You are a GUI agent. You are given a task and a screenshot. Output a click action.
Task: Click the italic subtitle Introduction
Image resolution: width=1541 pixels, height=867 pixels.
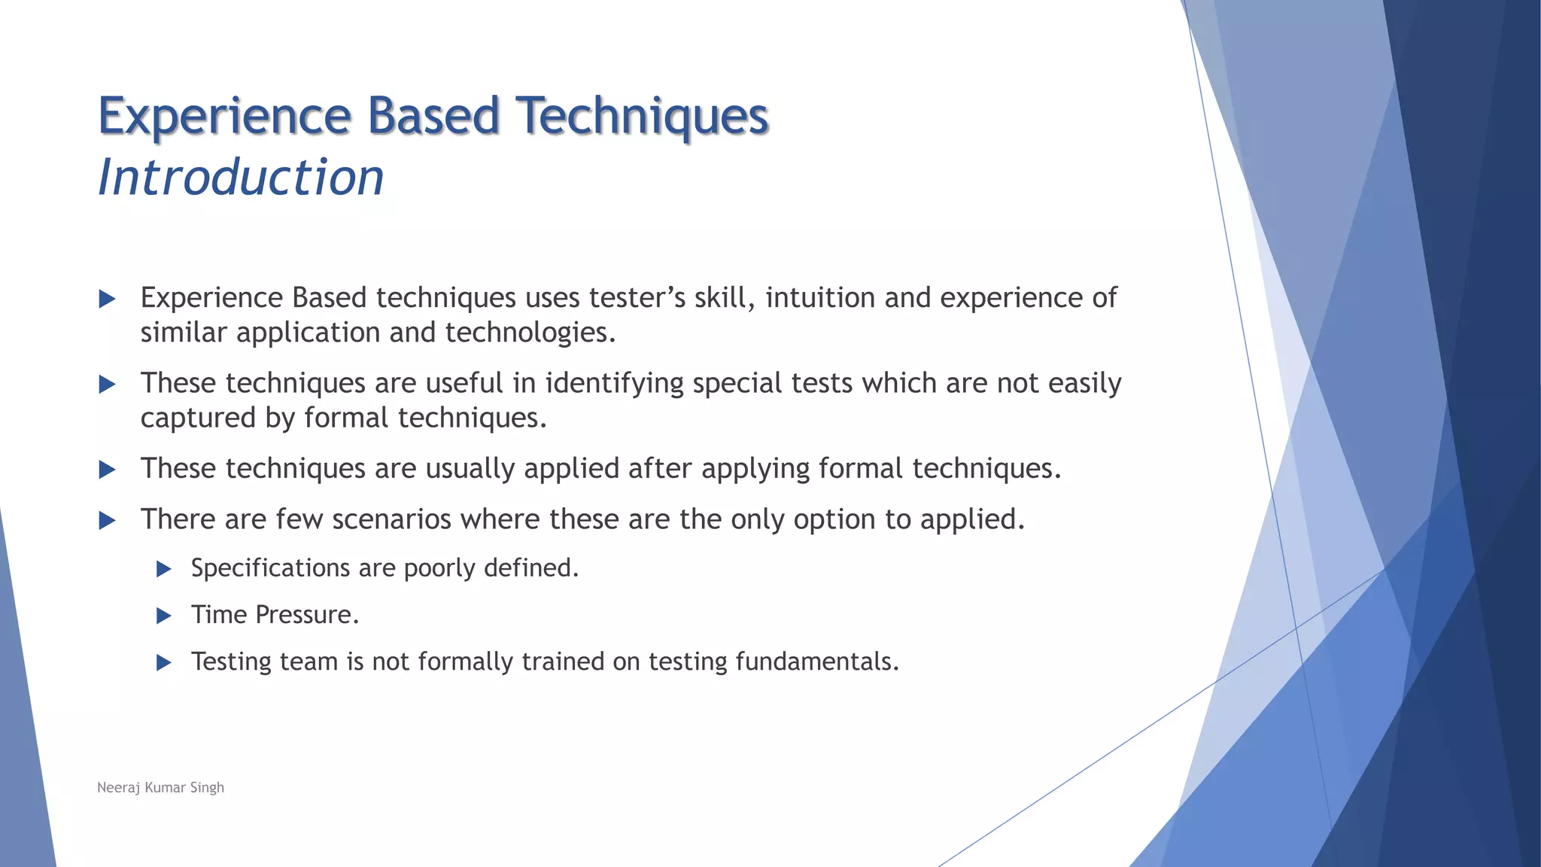pyautogui.click(x=241, y=178)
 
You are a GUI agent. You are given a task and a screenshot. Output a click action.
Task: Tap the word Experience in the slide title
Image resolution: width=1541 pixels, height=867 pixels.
pyautogui.click(x=224, y=117)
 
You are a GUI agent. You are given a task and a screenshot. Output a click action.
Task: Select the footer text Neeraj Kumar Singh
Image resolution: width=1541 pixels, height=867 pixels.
pyautogui.click(x=160, y=787)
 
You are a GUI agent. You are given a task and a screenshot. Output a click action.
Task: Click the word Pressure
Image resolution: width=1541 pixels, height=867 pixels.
pyautogui.click(x=307, y=615)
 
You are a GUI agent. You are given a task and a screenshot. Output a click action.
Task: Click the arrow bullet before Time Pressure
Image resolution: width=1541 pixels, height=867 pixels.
pyautogui.click(x=164, y=616)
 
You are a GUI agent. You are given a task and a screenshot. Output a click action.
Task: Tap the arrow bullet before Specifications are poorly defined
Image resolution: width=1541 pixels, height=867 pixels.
pyautogui.click(x=164, y=569)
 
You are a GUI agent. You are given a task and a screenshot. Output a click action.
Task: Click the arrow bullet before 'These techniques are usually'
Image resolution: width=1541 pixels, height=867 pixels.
pyautogui.click(x=108, y=470)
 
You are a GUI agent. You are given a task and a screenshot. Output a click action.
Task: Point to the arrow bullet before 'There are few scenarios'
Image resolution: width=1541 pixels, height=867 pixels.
pyautogui.click(x=108, y=521)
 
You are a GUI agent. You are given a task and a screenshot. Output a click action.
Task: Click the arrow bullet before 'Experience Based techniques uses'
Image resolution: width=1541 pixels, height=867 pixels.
pyautogui.click(x=108, y=300)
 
